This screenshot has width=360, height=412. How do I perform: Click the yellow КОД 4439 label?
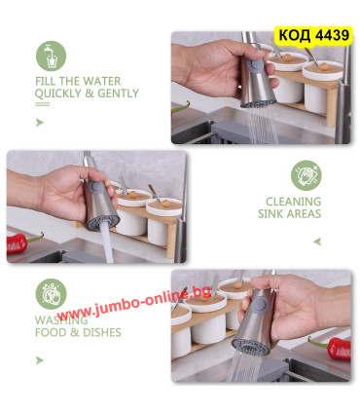click(313, 35)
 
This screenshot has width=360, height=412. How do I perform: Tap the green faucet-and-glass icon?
click(51, 56)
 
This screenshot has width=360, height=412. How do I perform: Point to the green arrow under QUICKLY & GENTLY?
click(40, 123)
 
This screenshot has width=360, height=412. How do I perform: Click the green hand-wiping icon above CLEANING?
click(306, 175)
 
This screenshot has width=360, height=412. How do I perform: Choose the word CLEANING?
click(293, 202)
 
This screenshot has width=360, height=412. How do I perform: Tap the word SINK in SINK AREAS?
click(271, 214)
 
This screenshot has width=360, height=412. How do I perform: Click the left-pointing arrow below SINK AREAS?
click(317, 242)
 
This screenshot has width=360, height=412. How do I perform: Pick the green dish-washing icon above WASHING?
click(51, 294)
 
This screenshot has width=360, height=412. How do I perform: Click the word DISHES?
click(102, 332)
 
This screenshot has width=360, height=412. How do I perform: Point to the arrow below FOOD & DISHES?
click(40, 360)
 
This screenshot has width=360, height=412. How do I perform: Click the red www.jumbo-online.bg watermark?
click(134, 305)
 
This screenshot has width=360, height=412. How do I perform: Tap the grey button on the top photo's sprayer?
click(255, 64)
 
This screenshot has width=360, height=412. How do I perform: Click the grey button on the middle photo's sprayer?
click(96, 188)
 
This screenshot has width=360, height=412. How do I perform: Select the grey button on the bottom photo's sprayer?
click(261, 306)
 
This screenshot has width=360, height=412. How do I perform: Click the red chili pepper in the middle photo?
click(22, 242)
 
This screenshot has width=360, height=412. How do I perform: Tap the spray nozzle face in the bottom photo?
click(250, 347)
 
